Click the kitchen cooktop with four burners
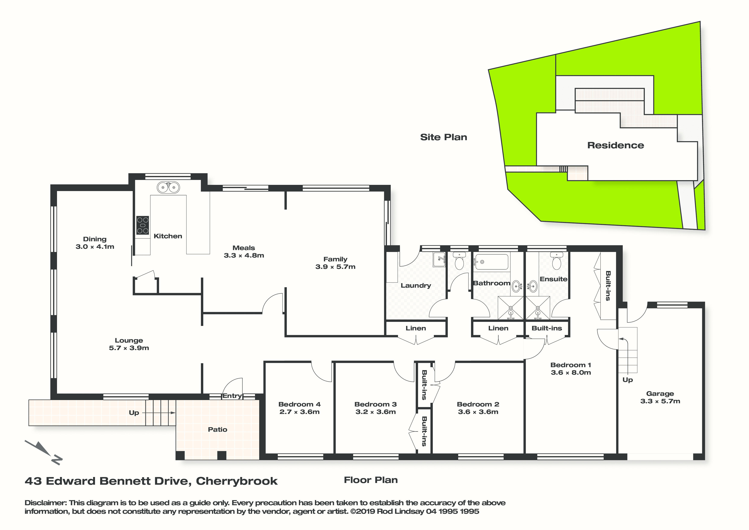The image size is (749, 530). (143, 225)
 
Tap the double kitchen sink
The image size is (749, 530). (168, 187)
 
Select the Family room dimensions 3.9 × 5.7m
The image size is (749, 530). (335, 267)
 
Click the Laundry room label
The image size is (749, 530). (416, 286)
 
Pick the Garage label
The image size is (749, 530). (660, 393)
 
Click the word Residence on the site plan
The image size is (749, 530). (616, 145)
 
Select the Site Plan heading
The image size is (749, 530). (443, 137)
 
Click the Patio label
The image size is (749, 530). (218, 429)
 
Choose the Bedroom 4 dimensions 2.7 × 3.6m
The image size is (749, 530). (300, 412)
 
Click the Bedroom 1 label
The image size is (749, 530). (571, 365)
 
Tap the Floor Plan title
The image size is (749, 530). (371, 480)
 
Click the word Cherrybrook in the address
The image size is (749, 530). (237, 481)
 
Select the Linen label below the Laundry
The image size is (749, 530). (416, 328)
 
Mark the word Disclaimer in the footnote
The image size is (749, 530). (45, 503)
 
